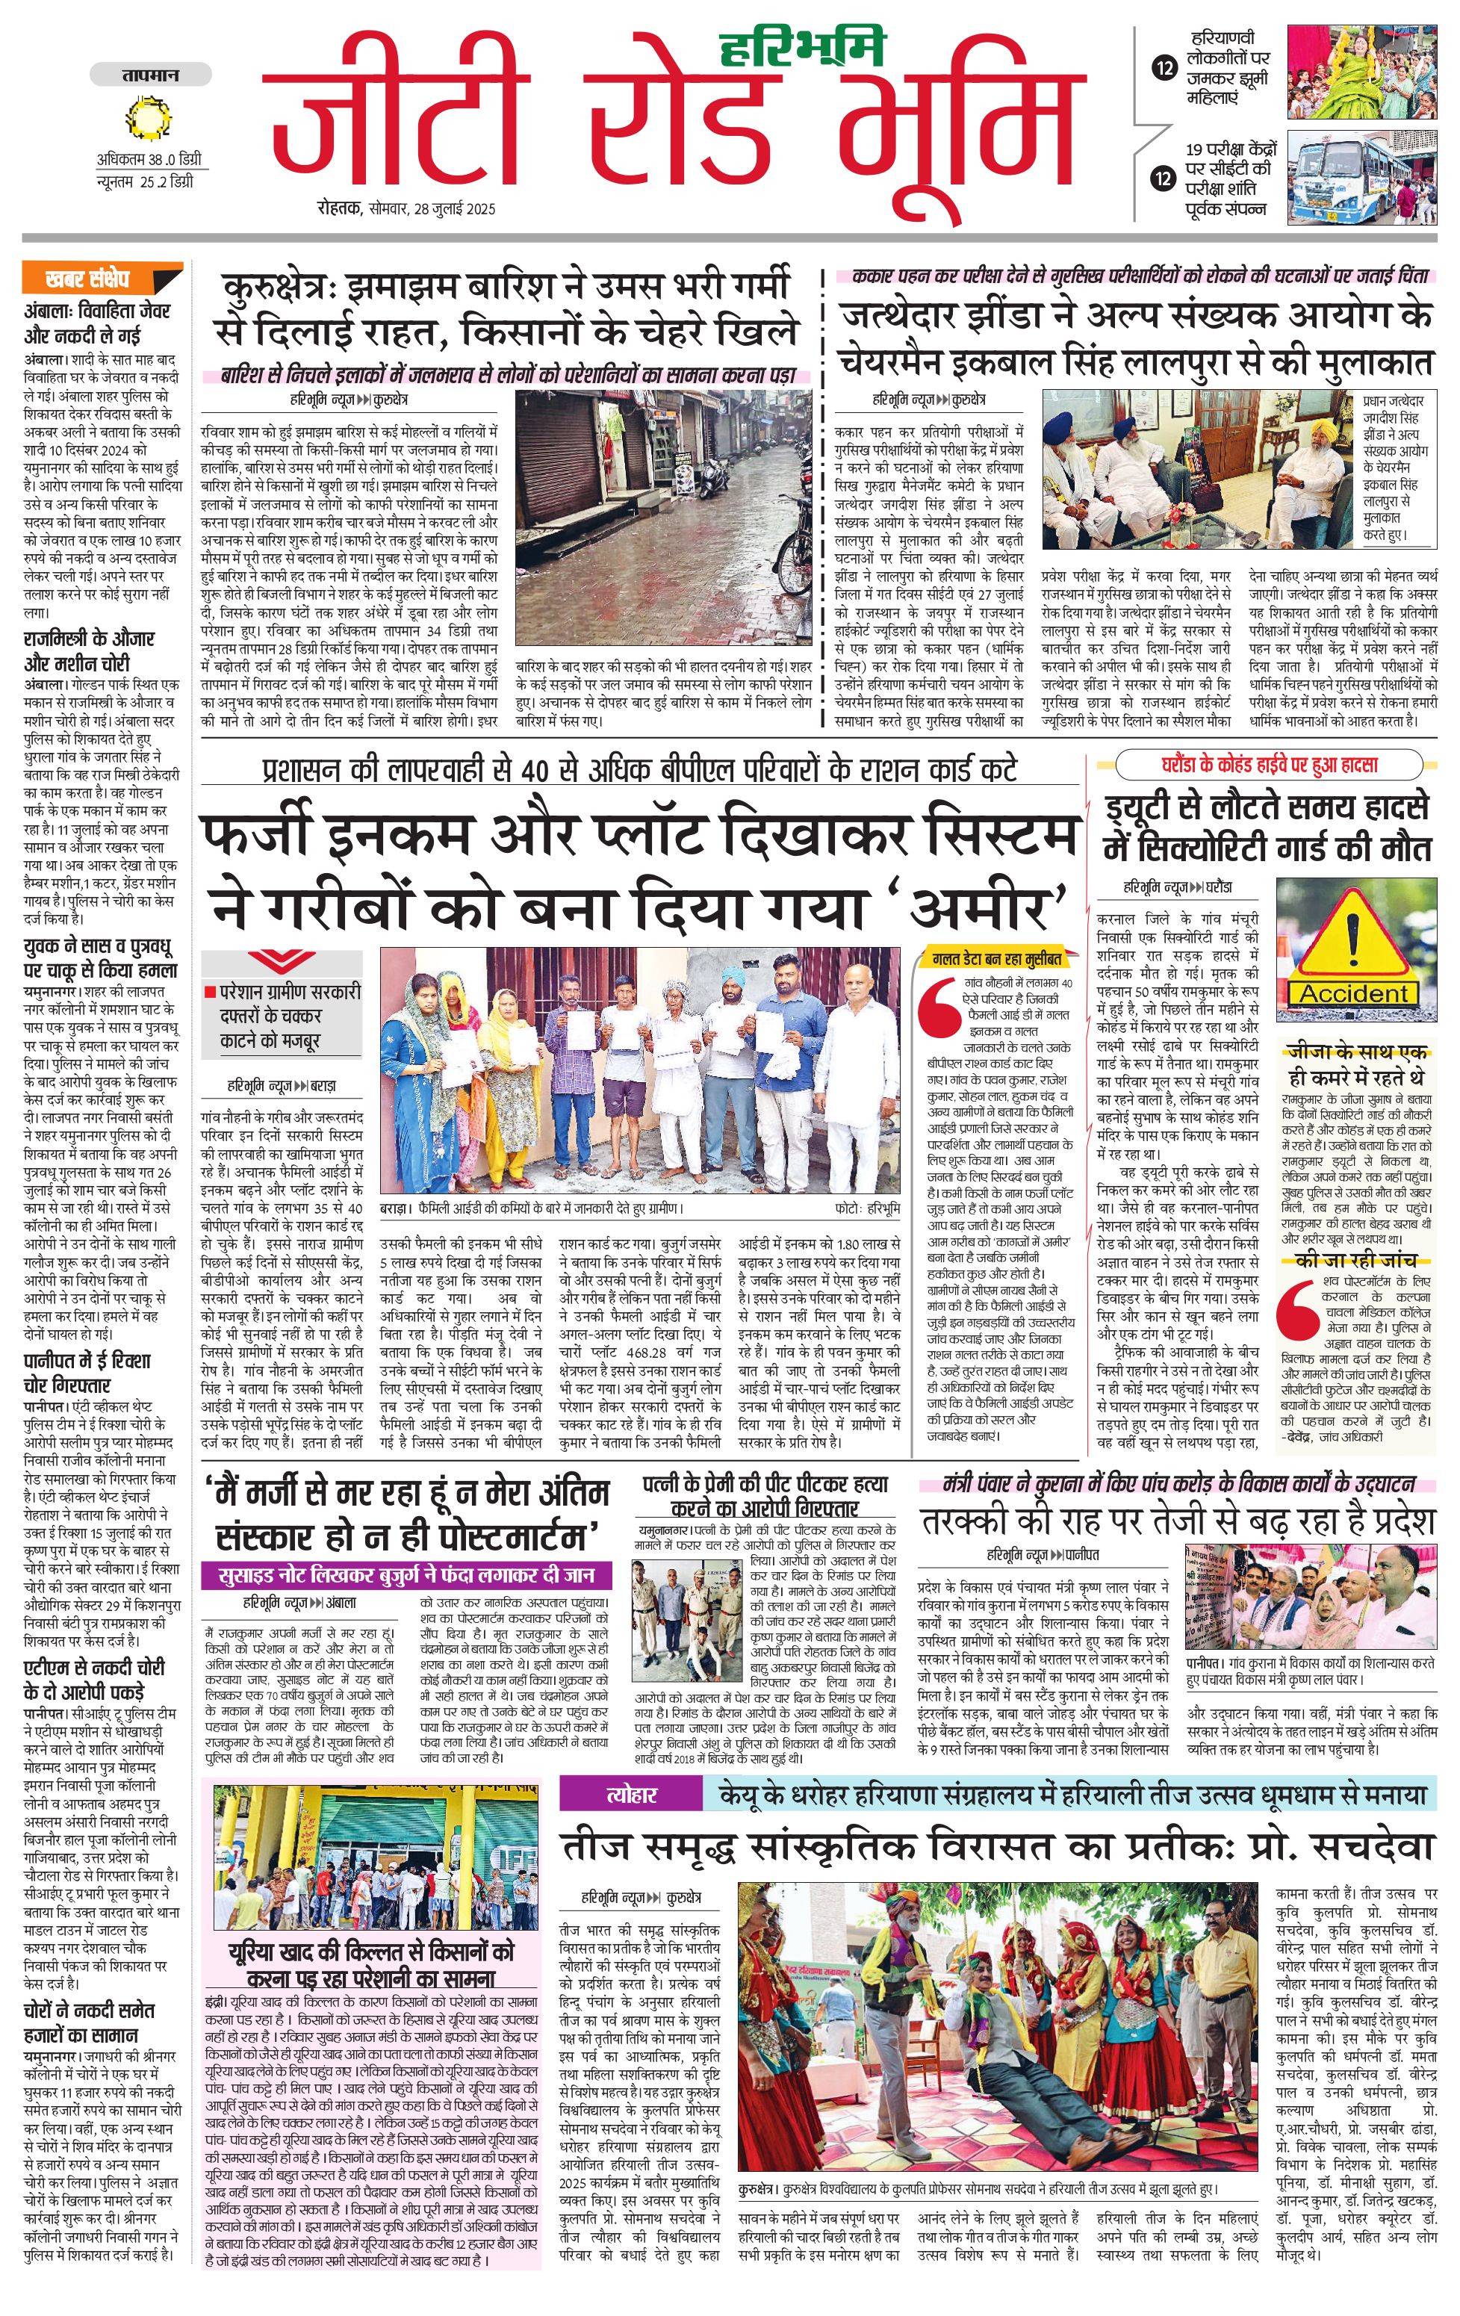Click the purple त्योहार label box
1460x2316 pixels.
click(x=631, y=1795)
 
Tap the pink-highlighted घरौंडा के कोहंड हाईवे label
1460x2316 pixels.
click(x=1267, y=766)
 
